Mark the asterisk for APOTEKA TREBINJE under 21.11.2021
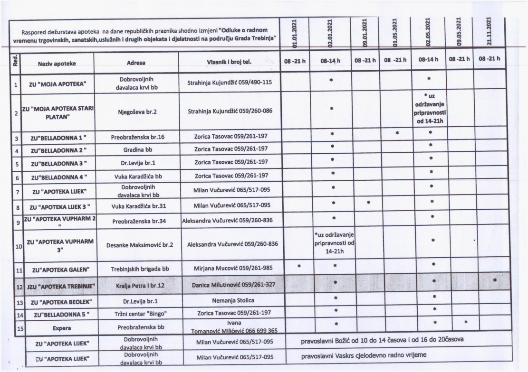click(x=496, y=280)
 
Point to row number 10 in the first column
click(x=17, y=247)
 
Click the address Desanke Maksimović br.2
click(x=136, y=245)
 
